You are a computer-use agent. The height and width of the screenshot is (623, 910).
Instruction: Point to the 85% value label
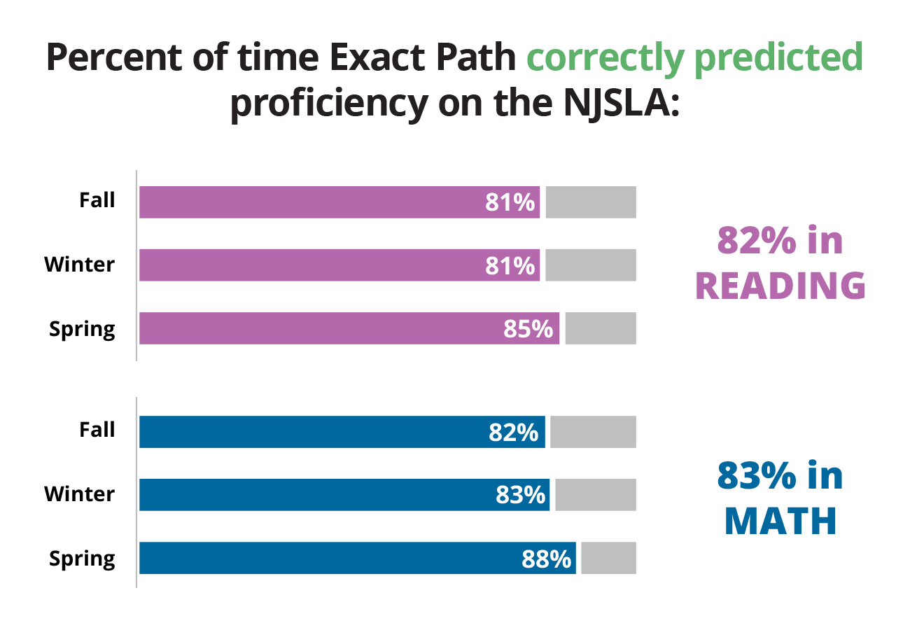[x=528, y=328]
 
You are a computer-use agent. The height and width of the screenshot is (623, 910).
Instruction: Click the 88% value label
[x=547, y=559]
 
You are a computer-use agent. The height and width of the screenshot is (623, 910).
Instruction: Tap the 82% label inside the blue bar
[x=514, y=433]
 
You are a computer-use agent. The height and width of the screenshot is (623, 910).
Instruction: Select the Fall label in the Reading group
[x=97, y=200]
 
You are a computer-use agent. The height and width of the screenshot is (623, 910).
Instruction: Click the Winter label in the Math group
[x=79, y=494]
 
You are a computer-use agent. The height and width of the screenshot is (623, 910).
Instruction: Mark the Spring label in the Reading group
[x=82, y=329]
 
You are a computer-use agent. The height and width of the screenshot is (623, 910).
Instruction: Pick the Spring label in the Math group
[x=82, y=559]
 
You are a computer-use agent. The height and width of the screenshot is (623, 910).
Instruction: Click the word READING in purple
[x=780, y=286]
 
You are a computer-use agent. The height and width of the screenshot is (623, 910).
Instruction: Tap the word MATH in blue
[x=780, y=520]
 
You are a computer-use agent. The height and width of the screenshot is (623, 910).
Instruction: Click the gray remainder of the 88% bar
[x=608, y=558]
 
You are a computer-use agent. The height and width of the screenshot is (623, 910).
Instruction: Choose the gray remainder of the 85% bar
[x=601, y=328]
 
